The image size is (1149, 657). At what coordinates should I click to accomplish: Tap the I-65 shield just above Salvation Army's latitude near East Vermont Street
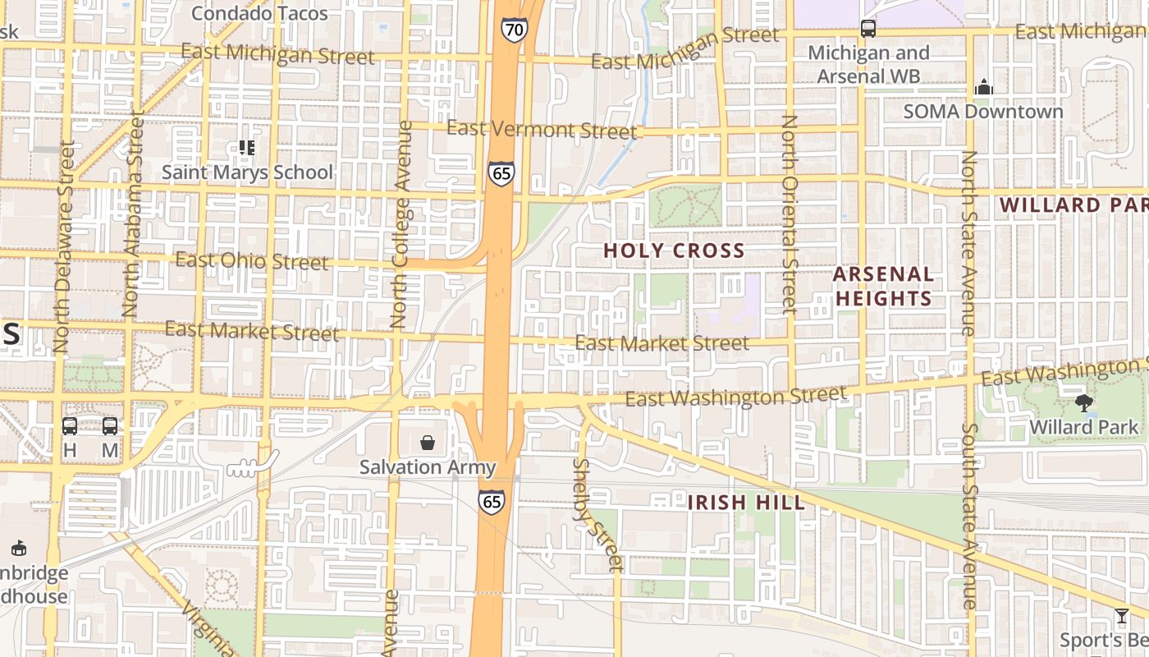point(501,174)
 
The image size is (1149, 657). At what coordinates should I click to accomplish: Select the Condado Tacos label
point(259,13)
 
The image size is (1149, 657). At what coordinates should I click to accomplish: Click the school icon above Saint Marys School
point(246,148)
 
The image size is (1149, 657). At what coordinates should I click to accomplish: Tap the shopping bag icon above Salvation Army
point(428,443)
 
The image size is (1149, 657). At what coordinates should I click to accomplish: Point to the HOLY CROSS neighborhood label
point(674,250)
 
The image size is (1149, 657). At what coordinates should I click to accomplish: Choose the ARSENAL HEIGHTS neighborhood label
point(884,286)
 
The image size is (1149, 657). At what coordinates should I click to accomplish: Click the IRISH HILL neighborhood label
point(746,502)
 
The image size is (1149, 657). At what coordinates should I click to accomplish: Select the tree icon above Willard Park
point(1084,403)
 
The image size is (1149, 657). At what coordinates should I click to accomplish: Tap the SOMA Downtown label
point(983,112)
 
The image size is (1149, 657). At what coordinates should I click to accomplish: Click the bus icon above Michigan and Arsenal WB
point(868,29)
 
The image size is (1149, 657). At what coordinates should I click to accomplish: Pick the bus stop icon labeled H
point(70,426)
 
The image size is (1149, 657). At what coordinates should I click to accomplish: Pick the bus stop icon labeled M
point(110,426)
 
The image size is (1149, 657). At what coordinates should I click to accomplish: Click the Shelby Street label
point(597,515)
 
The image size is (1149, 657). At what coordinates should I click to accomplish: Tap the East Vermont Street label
point(541,130)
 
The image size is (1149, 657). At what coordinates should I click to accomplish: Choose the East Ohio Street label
point(252,261)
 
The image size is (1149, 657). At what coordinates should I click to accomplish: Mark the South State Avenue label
point(969,516)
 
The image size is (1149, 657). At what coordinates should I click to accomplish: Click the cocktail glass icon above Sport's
point(1121,616)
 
